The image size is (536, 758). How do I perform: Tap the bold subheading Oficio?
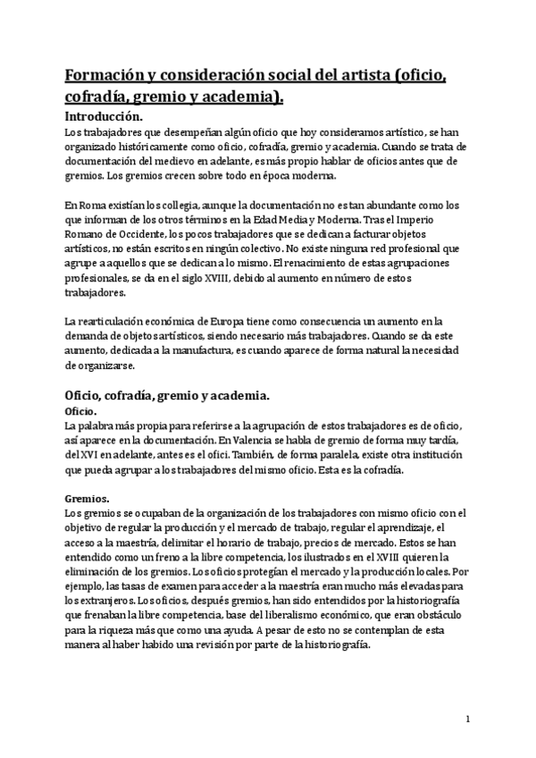(81, 410)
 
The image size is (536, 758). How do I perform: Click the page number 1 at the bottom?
(468, 718)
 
